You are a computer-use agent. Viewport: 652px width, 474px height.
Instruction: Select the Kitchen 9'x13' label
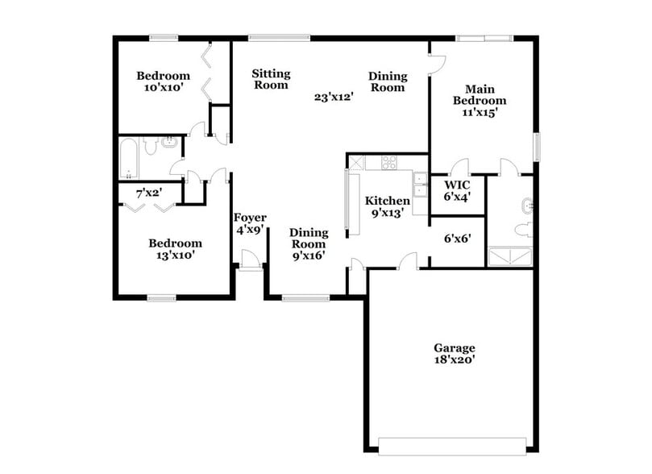[x=388, y=206]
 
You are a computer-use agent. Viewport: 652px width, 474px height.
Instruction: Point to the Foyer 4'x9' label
[x=250, y=223]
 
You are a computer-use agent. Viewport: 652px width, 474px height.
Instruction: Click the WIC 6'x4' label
[x=457, y=189]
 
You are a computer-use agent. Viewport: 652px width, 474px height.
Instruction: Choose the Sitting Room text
[x=270, y=79]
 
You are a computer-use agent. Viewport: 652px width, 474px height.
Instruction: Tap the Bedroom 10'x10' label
[x=163, y=81]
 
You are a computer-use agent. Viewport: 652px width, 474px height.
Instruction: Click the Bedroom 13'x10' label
[x=175, y=248]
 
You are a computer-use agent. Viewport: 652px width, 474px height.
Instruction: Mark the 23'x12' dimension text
[x=334, y=98]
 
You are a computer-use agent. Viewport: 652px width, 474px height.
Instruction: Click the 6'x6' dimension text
[x=457, y=239]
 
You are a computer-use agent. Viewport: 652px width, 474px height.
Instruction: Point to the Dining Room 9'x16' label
[x=309, y=244]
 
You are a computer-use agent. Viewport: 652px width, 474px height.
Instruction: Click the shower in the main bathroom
[x=509, y=256]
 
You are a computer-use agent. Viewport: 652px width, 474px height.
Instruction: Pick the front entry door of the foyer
[x=250, y=260]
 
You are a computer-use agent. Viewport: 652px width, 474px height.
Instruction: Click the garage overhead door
[x=452, y=445]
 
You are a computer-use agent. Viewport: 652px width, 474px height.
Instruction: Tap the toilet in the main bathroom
[x=524, y=230]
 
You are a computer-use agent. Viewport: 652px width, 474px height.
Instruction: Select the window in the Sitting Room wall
[x=279, y=37]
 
